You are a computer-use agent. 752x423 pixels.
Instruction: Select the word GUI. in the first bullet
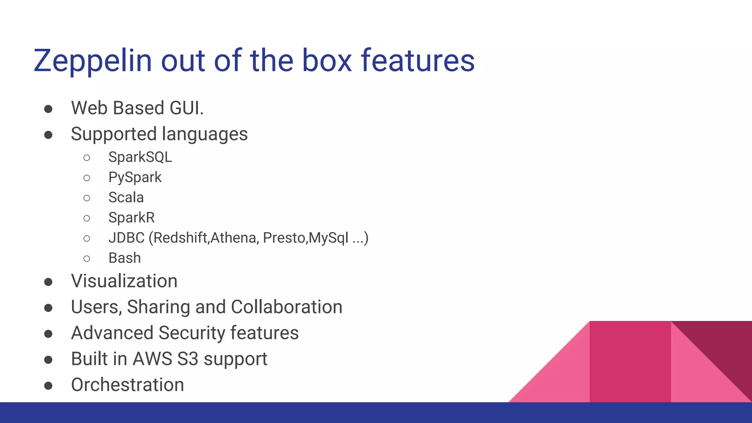187,108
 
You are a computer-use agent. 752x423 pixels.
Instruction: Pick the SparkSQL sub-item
140,157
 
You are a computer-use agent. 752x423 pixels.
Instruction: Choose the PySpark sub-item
135,177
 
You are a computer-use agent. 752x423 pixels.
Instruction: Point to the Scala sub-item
126,198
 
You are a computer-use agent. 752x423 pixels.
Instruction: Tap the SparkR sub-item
131,218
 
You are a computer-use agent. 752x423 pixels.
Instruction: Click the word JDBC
126,238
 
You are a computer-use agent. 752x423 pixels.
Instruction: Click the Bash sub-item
124,258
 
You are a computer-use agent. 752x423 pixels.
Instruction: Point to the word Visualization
124,281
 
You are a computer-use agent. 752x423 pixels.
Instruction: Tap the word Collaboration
286,307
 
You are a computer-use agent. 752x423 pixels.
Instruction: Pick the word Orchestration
127,385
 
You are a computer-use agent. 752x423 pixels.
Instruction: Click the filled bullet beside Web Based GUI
48,109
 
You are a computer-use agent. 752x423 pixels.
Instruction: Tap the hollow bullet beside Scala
87,198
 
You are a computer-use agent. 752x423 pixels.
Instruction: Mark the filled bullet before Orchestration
48,386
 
